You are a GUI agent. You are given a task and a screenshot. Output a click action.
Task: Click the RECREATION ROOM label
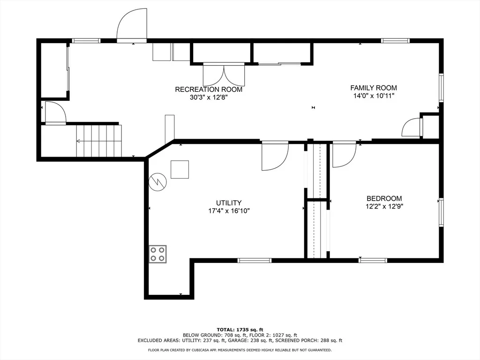click(209, 90)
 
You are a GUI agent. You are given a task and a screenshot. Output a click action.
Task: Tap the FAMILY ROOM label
click(374, 88)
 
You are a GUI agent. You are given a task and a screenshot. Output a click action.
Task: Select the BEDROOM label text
click(384, 198)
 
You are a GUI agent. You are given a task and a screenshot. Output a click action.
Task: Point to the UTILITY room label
click(229, 202)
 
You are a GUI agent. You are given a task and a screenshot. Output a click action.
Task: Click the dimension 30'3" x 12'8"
click(209, 97)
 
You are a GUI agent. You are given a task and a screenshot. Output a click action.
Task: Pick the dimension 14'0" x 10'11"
click(374, 96)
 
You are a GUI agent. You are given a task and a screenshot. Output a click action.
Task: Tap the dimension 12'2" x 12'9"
click(384, 206)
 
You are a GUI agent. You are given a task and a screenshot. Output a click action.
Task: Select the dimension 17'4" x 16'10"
click(229, 211)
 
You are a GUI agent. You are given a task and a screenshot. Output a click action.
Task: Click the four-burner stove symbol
click(157, 254)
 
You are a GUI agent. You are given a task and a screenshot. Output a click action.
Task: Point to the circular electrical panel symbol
click(157, 182)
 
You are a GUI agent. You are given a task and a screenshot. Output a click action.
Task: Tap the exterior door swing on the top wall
click(132, 25)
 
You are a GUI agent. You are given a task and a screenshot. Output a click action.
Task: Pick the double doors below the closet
click(224, 75)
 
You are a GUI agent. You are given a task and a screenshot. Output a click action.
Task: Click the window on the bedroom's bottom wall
click(373, 261)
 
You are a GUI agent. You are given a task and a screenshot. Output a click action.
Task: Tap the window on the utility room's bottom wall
click(255, 261)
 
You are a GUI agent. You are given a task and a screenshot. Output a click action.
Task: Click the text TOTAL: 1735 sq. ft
click(240, 330)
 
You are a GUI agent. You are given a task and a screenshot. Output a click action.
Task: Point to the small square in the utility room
click(180, 169)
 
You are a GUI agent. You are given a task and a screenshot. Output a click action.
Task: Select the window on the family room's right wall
click(441, 88)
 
